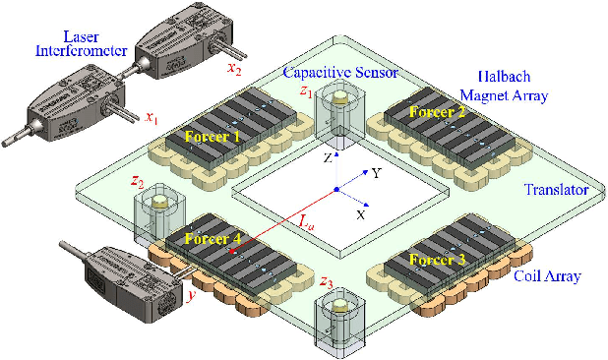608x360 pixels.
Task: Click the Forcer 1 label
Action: coord(213,136)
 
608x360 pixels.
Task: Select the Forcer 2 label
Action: coord(437,112)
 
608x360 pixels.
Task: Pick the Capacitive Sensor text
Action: coord(341,72)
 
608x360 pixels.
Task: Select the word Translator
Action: coord(556,189)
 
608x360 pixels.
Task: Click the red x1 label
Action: coord(151,118)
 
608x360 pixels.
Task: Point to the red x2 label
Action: coord(233,68)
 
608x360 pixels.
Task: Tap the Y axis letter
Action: coord(375,173)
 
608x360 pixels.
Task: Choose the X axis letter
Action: coord(361,213)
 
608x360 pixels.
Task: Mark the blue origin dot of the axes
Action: coord(336,188)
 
